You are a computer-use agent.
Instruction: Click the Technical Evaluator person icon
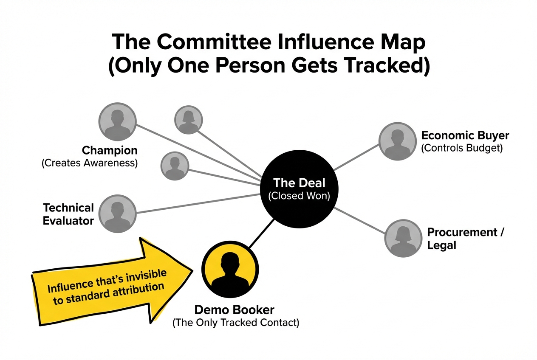[x=117, y=214]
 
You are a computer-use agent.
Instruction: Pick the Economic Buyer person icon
[x=397, y=141]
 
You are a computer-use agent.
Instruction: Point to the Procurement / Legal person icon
[x=403, y=238]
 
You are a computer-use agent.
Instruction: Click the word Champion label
[x=110, y=150]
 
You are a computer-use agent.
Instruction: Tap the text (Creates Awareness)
[x=90, y=163]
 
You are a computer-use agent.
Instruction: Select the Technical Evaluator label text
[x=68, y=214]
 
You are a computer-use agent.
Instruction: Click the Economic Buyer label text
[x=465, y=136]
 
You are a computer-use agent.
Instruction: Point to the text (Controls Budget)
[x=462, y=149]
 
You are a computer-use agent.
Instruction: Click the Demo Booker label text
[x=234, y=309]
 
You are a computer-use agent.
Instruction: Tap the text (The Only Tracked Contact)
[x=235, y=323]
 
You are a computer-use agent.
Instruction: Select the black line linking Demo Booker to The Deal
[x=260, y=234]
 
